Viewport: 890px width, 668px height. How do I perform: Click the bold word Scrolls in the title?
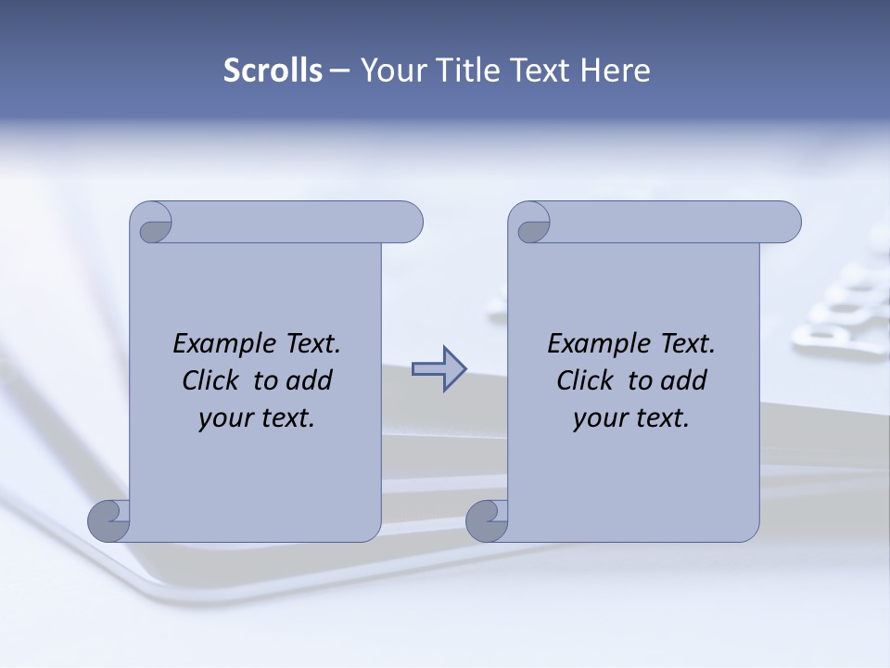point(273,71)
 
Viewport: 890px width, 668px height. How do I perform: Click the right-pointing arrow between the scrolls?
point(439,369)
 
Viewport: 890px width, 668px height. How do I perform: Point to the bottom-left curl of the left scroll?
point(109,520)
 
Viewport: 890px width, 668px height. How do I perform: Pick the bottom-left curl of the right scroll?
point(487,520)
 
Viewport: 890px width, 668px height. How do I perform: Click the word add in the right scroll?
point(686,381)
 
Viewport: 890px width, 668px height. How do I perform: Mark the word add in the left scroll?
point(311,381)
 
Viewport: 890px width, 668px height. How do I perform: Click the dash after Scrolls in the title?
point(339,71)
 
